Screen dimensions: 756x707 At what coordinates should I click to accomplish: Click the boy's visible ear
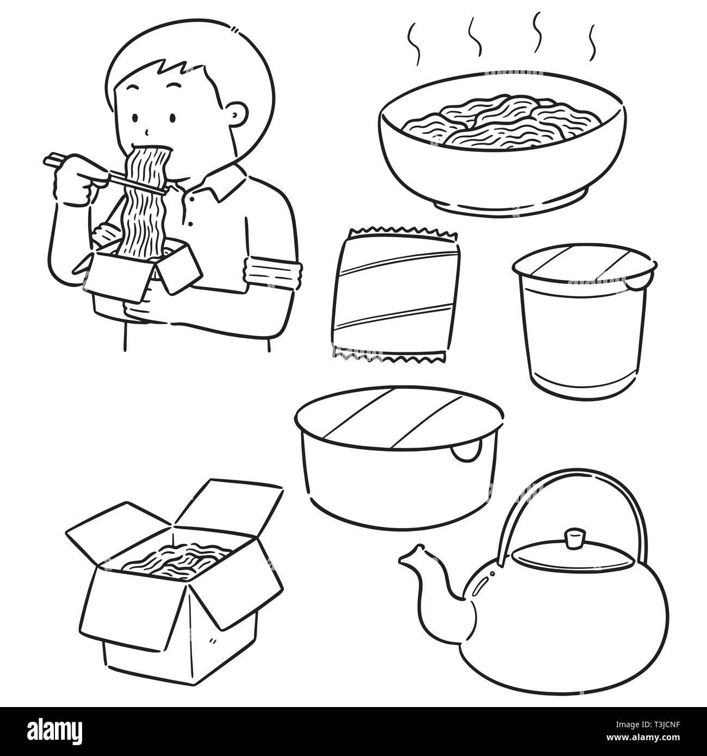[x=237, y=117]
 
